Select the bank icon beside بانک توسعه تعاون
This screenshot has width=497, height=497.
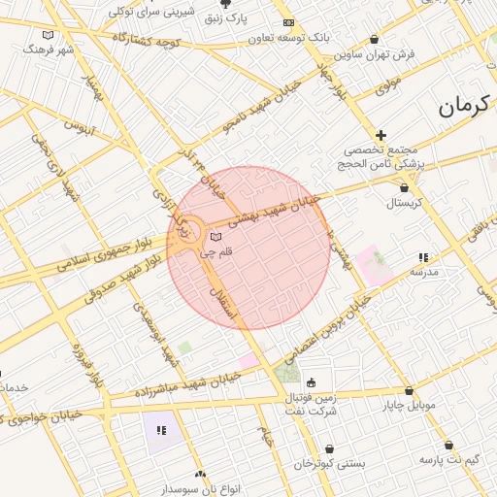pyautogui.click(x=287, y=22)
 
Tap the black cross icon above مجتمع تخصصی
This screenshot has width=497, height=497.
pyautogui.click(x=381, y=136)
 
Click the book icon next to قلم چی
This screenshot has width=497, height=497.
pyautogui.click(x=216, y=237)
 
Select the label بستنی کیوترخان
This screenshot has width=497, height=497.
pyautogui.click(x=330, y=463)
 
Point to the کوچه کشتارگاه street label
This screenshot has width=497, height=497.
pyautogui.click(x=147, y=42)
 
